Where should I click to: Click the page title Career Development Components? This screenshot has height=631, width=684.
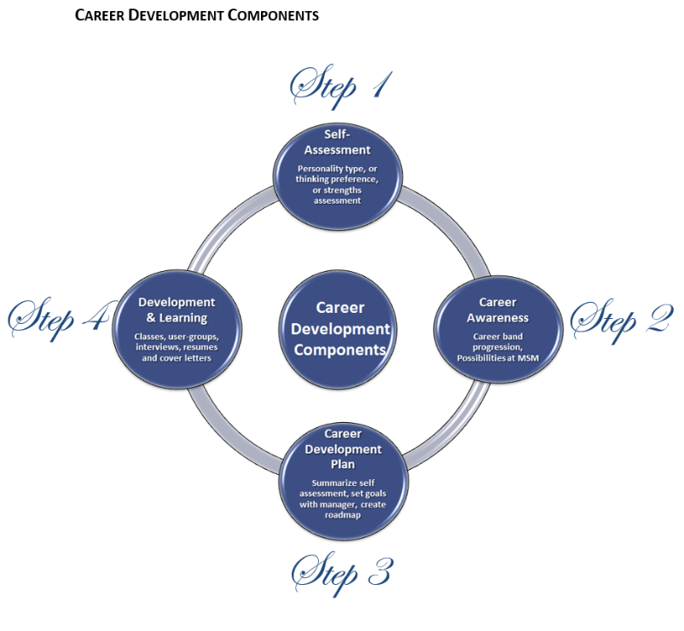tap(197, 15)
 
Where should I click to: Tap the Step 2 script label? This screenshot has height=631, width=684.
tap(622, 318)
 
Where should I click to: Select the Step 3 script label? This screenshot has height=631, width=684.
tap(340, 572)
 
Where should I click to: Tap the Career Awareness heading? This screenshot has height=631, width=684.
tap(497, 310)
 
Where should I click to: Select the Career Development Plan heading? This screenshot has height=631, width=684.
tap(341, 449)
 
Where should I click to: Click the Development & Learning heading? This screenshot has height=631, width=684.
tap(177, 310)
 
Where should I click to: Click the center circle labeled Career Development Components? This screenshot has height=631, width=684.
tap(340, 328)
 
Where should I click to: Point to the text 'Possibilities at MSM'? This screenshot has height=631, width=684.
tap(497, 356)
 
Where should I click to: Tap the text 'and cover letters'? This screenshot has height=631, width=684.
tap(177, 357)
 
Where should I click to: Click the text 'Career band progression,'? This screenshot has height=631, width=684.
tap(497, 341)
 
